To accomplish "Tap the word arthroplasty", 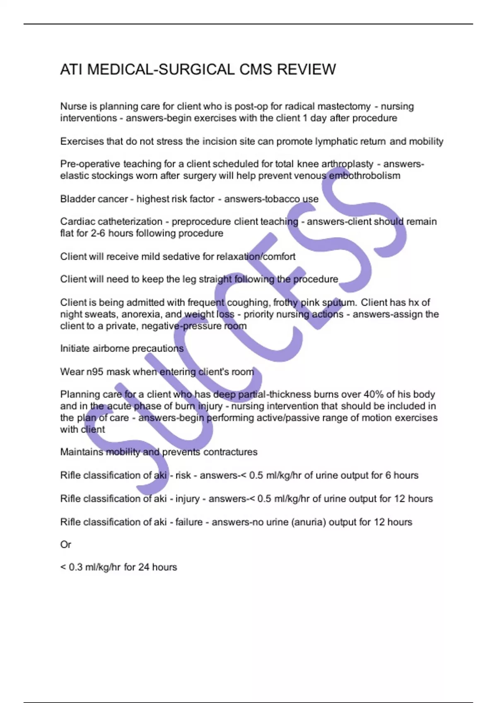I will (x=347, y=164).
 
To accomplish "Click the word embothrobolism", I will (x=364, y=176).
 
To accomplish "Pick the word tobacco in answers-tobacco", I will (x=283, y=199).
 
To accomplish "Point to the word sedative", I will (x=181, y=256).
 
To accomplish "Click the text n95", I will (x=95, y=372).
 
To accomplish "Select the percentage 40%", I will (x=374, y=395).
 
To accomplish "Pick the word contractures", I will (x=230, y=452).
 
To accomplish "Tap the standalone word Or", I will (x=65, y=545).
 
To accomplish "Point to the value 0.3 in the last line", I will (x=75, y=567).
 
